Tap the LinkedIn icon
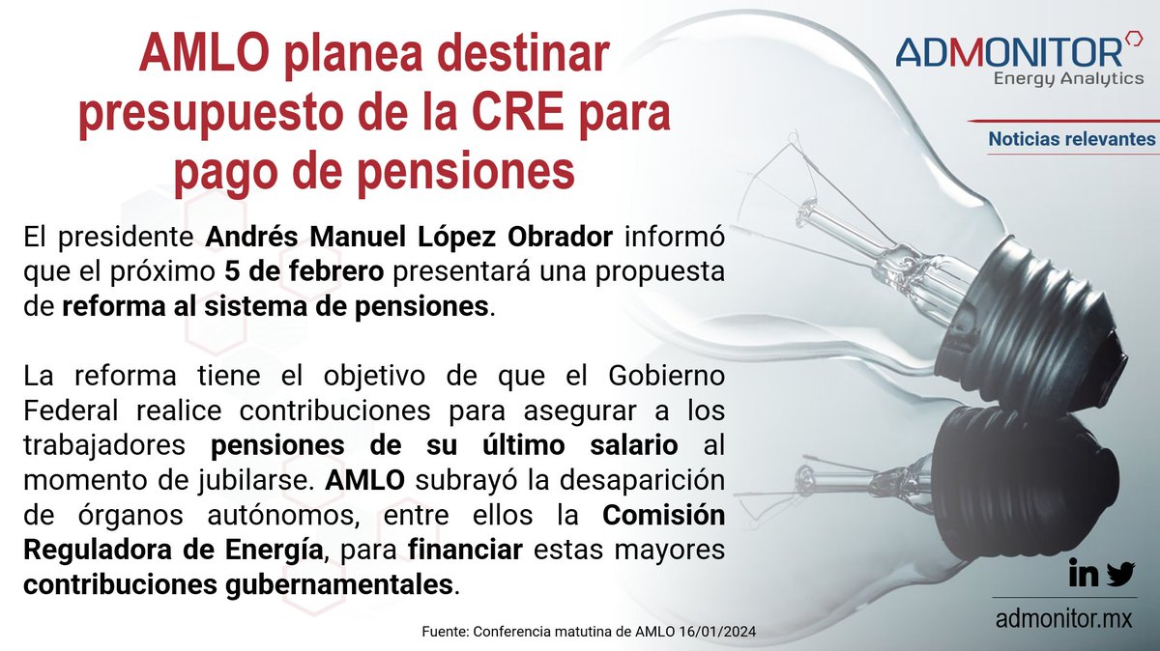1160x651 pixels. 1084,575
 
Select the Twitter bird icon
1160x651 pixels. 1120,575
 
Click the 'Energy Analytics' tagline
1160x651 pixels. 1068,79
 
